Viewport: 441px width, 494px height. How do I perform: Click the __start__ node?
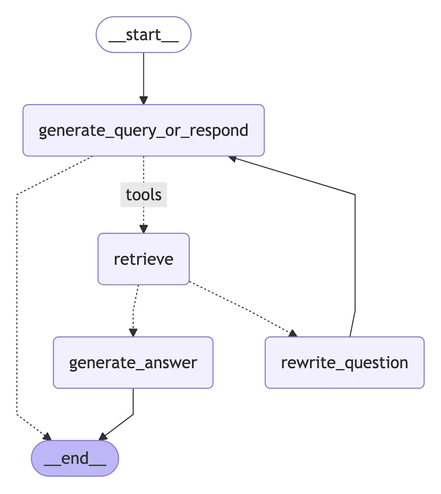(143, 35)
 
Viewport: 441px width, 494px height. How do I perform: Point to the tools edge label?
(143, 195)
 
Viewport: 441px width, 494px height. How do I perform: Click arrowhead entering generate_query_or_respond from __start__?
(143, 100)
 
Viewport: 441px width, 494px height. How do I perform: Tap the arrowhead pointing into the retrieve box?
(143, 228)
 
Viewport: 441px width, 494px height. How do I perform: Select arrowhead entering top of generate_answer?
(133, 332)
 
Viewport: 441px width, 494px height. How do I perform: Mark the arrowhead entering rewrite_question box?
(292, 333)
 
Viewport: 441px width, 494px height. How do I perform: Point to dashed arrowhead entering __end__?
(47, 437)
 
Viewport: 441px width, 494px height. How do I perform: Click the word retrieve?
(143, 259)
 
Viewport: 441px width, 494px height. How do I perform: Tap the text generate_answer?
(133, 363)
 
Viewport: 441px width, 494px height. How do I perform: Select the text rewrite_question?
(344, 363)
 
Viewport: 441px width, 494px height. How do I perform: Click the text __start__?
(143, 35)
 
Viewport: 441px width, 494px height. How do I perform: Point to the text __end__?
(75, 458)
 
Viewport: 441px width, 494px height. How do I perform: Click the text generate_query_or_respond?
(143, 130)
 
